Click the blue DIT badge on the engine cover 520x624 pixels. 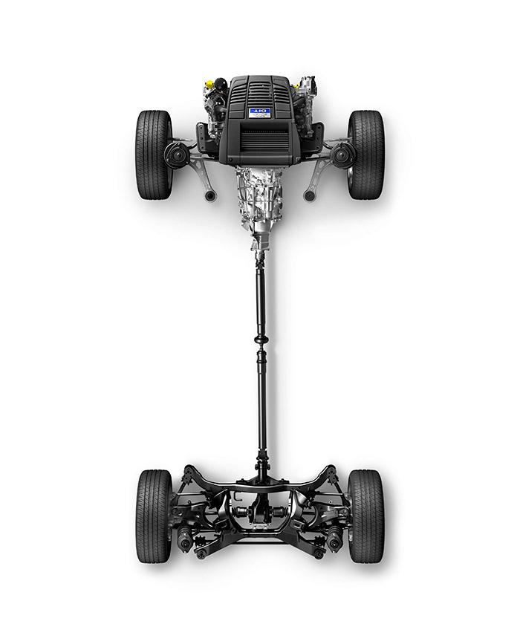[x=260, y=113]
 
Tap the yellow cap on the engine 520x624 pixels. [x=209, y=84]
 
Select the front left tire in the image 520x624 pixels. [x=154, y=155]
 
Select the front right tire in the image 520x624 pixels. [x=365, y=155]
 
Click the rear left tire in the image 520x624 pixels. [x=154, y=516]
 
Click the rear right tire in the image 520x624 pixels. [x=365, y=516]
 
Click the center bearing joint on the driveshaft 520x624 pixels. [x=261, y=339]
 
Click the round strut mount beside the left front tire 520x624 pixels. [x=177, y=155]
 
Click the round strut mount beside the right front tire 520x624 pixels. [x=342, y=155]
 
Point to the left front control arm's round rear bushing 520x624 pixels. [x=210, y=195]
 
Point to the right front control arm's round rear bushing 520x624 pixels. [x=309, y=195]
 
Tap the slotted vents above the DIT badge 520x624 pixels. [x=260, y=92]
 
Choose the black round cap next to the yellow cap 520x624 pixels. [x=220, y=84]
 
